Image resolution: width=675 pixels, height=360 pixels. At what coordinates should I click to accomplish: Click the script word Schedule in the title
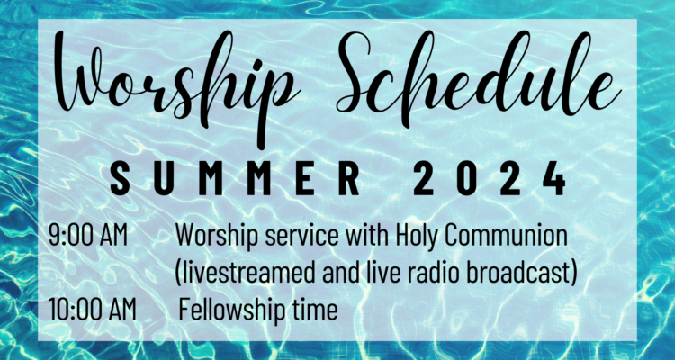pyautogui.click(x=479, y=75)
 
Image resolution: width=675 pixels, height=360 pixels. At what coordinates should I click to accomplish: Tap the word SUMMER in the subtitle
pyautogui.click(x=235, y=178)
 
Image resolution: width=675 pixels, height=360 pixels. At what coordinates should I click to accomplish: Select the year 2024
pyautogui.click(x=490, y=178)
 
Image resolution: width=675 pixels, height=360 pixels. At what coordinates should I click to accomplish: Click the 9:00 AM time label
pyautogui.click(x=88, y=236)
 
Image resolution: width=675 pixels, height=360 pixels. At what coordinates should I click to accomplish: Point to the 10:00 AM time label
pyautogui.click(x=92, y=310)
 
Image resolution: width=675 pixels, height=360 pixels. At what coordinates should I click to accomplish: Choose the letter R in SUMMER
pyautogui.click(x=349, y=178)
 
